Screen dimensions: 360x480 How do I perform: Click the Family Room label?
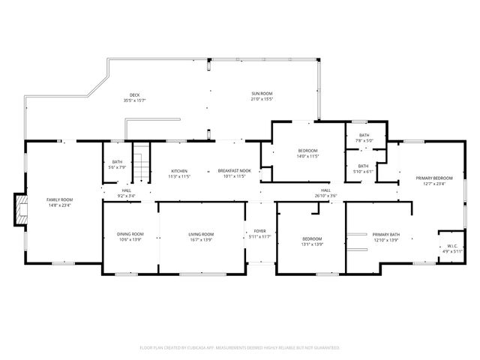[58, 199]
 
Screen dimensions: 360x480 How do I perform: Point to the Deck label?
[134, 94]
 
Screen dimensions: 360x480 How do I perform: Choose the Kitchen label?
[178, 170]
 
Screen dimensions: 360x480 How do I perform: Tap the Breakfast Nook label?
[233, 170]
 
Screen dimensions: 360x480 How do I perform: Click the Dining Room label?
[130, 234]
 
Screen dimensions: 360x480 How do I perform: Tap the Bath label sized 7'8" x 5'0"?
[364, 135]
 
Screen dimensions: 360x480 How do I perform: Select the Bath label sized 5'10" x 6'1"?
[363, 166]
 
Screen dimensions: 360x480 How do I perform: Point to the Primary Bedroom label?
[434, 178]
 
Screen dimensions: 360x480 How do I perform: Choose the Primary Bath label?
[386, 234]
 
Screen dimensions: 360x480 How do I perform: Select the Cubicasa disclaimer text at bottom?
[240, 348]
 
